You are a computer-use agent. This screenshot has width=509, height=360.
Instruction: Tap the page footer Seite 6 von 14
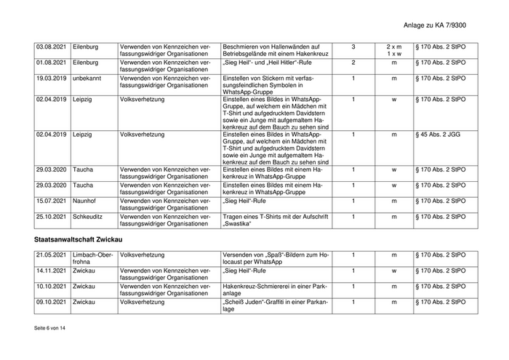[49, 329]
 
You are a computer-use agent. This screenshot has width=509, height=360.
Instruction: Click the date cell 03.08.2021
[52, 47]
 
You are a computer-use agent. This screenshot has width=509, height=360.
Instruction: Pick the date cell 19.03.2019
[52, 79]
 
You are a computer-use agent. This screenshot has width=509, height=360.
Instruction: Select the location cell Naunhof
[85, 201]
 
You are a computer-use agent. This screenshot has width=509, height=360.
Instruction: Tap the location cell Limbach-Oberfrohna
[93, 259]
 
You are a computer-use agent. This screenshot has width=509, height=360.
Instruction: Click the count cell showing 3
[353, 47]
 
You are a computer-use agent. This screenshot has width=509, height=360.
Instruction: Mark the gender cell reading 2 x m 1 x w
[394, 51]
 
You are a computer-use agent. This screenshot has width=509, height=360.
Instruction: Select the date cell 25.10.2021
[52, 217]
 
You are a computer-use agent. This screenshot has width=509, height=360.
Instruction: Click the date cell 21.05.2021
[52, 255]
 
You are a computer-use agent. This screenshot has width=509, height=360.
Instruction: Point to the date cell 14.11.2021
[52, 271]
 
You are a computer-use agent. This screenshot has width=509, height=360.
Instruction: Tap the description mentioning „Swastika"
[276, 220]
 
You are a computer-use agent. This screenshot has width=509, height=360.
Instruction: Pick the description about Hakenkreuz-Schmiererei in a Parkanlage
[275, 290]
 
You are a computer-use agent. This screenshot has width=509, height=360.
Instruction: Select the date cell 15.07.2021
[52, 201]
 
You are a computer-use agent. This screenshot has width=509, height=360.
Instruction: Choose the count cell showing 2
[353, 63]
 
